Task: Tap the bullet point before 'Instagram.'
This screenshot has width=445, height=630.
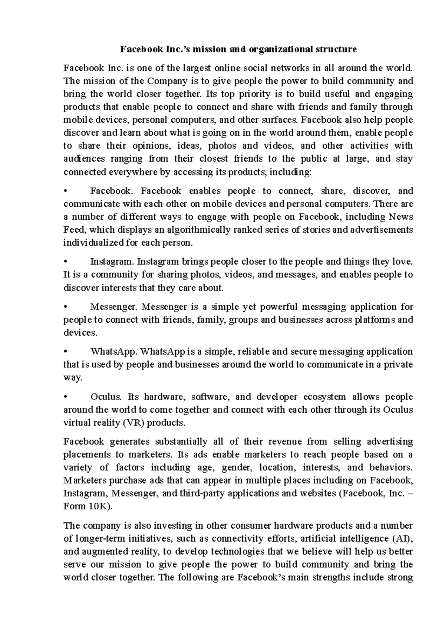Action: click(65, 262)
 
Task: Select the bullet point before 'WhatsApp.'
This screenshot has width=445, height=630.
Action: click(65, 352)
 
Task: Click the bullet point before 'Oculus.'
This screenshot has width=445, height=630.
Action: click(65, 397)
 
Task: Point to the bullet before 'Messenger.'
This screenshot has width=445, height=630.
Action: click(65, 307)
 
